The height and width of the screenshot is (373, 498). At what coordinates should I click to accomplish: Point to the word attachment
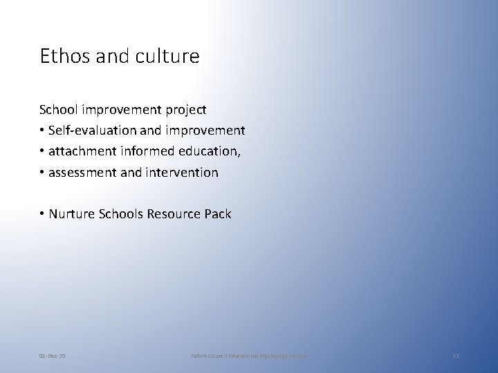coord(84,151)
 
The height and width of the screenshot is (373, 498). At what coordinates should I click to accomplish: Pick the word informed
coord(149,151)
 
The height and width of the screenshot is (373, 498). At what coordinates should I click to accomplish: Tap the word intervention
coord(181,172)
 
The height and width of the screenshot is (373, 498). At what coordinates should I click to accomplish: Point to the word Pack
coord(219,214)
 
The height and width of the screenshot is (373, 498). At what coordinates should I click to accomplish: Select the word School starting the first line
coord(57,109)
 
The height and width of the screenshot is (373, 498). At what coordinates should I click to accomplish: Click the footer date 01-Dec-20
coord(53,355)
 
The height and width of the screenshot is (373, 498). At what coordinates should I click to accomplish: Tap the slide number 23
coord(455,355)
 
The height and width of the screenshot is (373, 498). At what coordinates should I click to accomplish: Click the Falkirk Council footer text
coord(249,355)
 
